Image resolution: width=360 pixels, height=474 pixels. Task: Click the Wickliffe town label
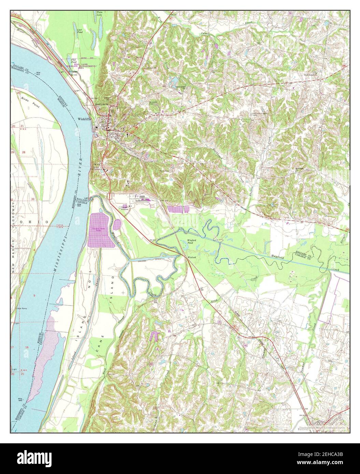(84, 119)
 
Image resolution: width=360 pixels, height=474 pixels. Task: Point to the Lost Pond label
(80, 31)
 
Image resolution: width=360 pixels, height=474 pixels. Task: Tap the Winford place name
(191, 257)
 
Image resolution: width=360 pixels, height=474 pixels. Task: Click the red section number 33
(33, 198)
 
